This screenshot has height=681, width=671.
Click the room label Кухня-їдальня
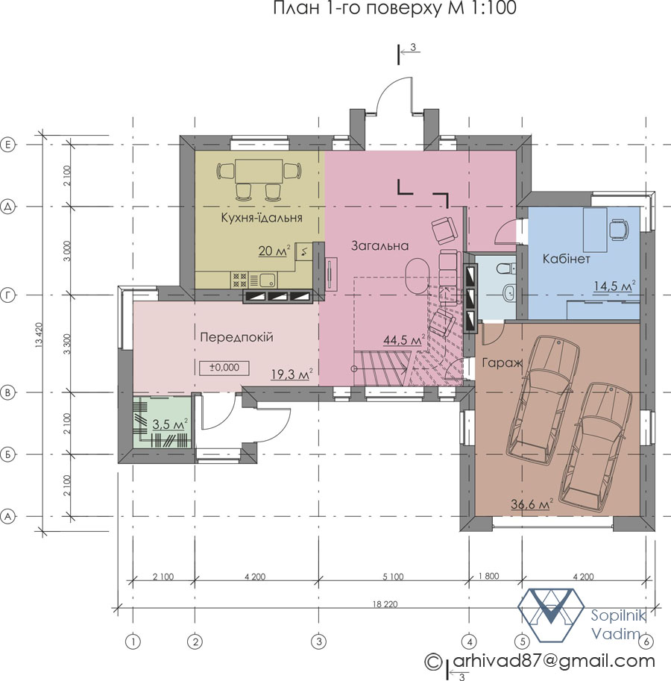tap(261, 217)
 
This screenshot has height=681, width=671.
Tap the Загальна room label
tap(379, 246)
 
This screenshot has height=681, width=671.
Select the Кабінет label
tap(567, 259)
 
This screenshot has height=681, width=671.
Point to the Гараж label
tap(502, 363)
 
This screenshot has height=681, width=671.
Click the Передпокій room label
tap(236, 337)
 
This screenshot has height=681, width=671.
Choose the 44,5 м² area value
tap(403, 339)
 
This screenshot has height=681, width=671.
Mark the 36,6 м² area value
tap(532, 503)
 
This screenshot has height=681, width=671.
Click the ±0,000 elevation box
tap(224, 368)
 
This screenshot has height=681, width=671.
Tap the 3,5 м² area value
tap(170, 424)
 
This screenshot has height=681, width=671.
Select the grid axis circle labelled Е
tap(7, 145)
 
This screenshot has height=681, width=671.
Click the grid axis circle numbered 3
tap(318, 641)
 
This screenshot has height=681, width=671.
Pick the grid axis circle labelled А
tap(7, 516)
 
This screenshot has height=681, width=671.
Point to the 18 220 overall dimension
tap(385, 604)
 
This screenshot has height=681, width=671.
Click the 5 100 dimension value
tap(393, 577)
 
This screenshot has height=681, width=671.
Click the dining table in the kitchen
tap(259, 172)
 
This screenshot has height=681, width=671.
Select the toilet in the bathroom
tap(505, 268)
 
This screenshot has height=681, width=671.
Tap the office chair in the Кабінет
tap(620, 229)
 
